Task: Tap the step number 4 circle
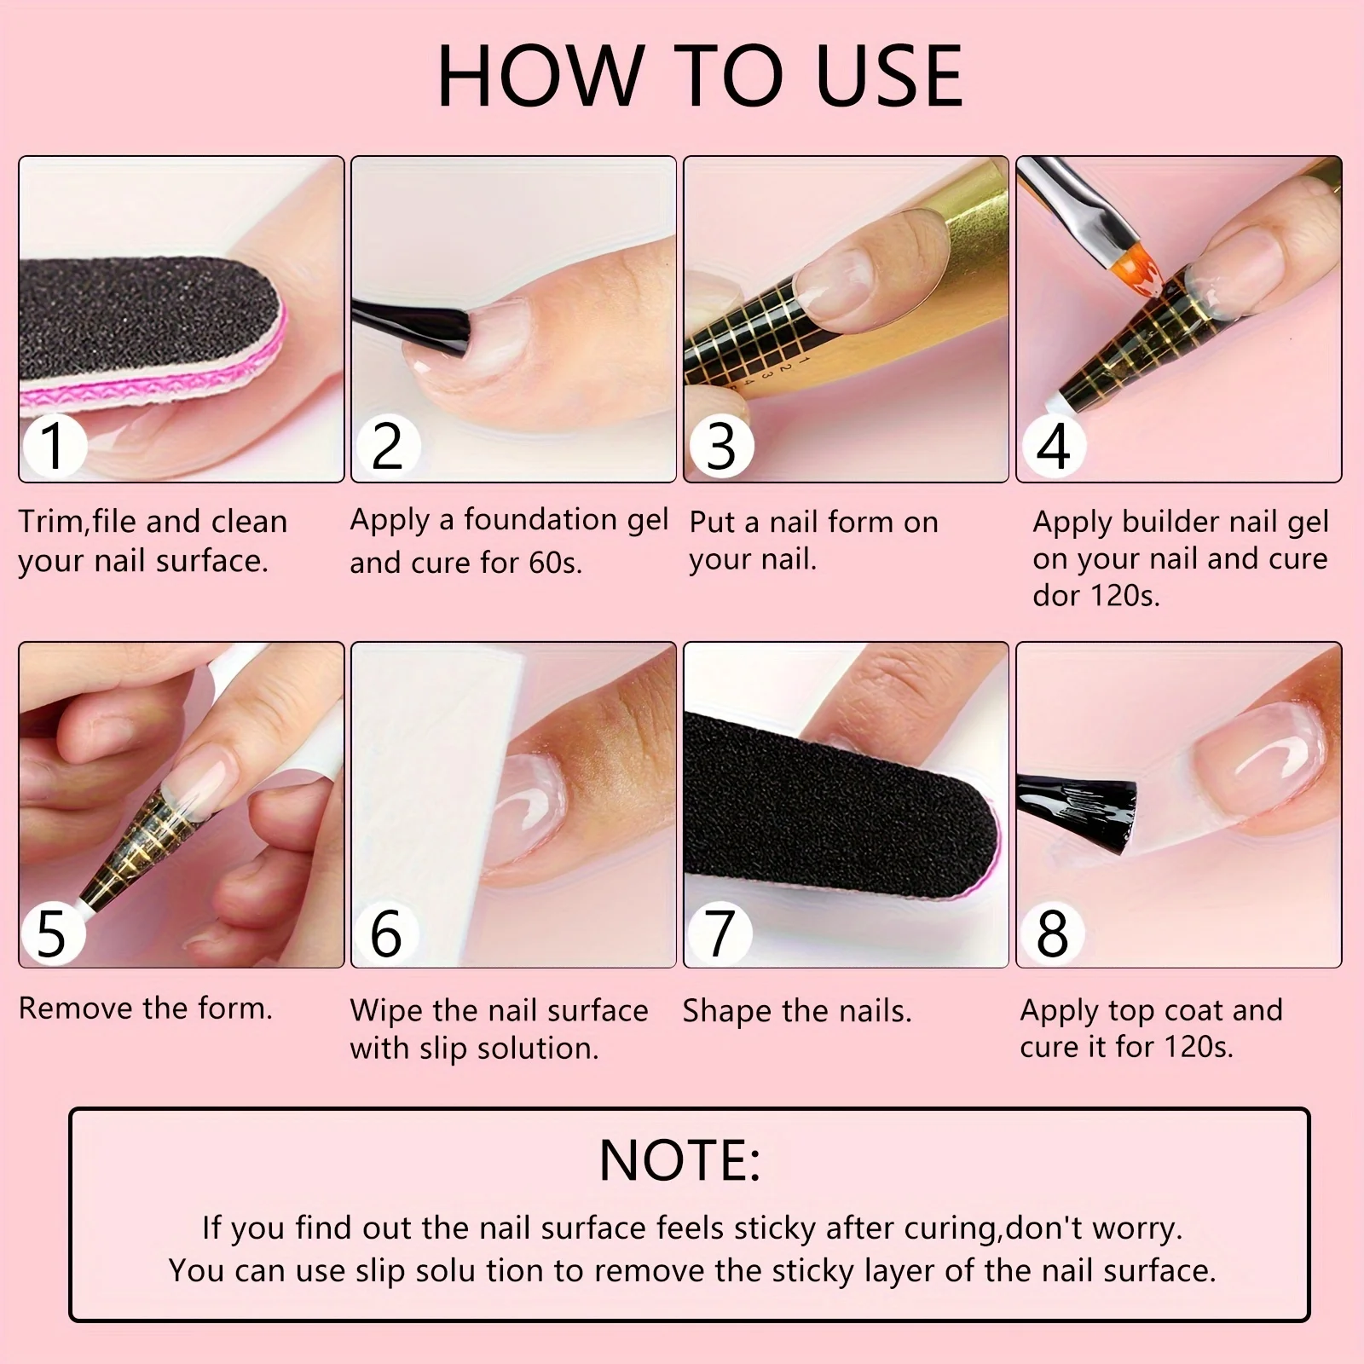click(x=1053, y=446)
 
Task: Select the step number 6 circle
click(x=386, y=933)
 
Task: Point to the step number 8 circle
click(x=1053, y=933)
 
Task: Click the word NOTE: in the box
click(x=679, y=1160)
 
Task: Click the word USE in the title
click(x=888, y=76)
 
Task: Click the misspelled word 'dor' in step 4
click(x=1055, y=595)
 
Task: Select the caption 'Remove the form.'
click(x=146, y=1009)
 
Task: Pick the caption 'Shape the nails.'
click(x=797, y=1012)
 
